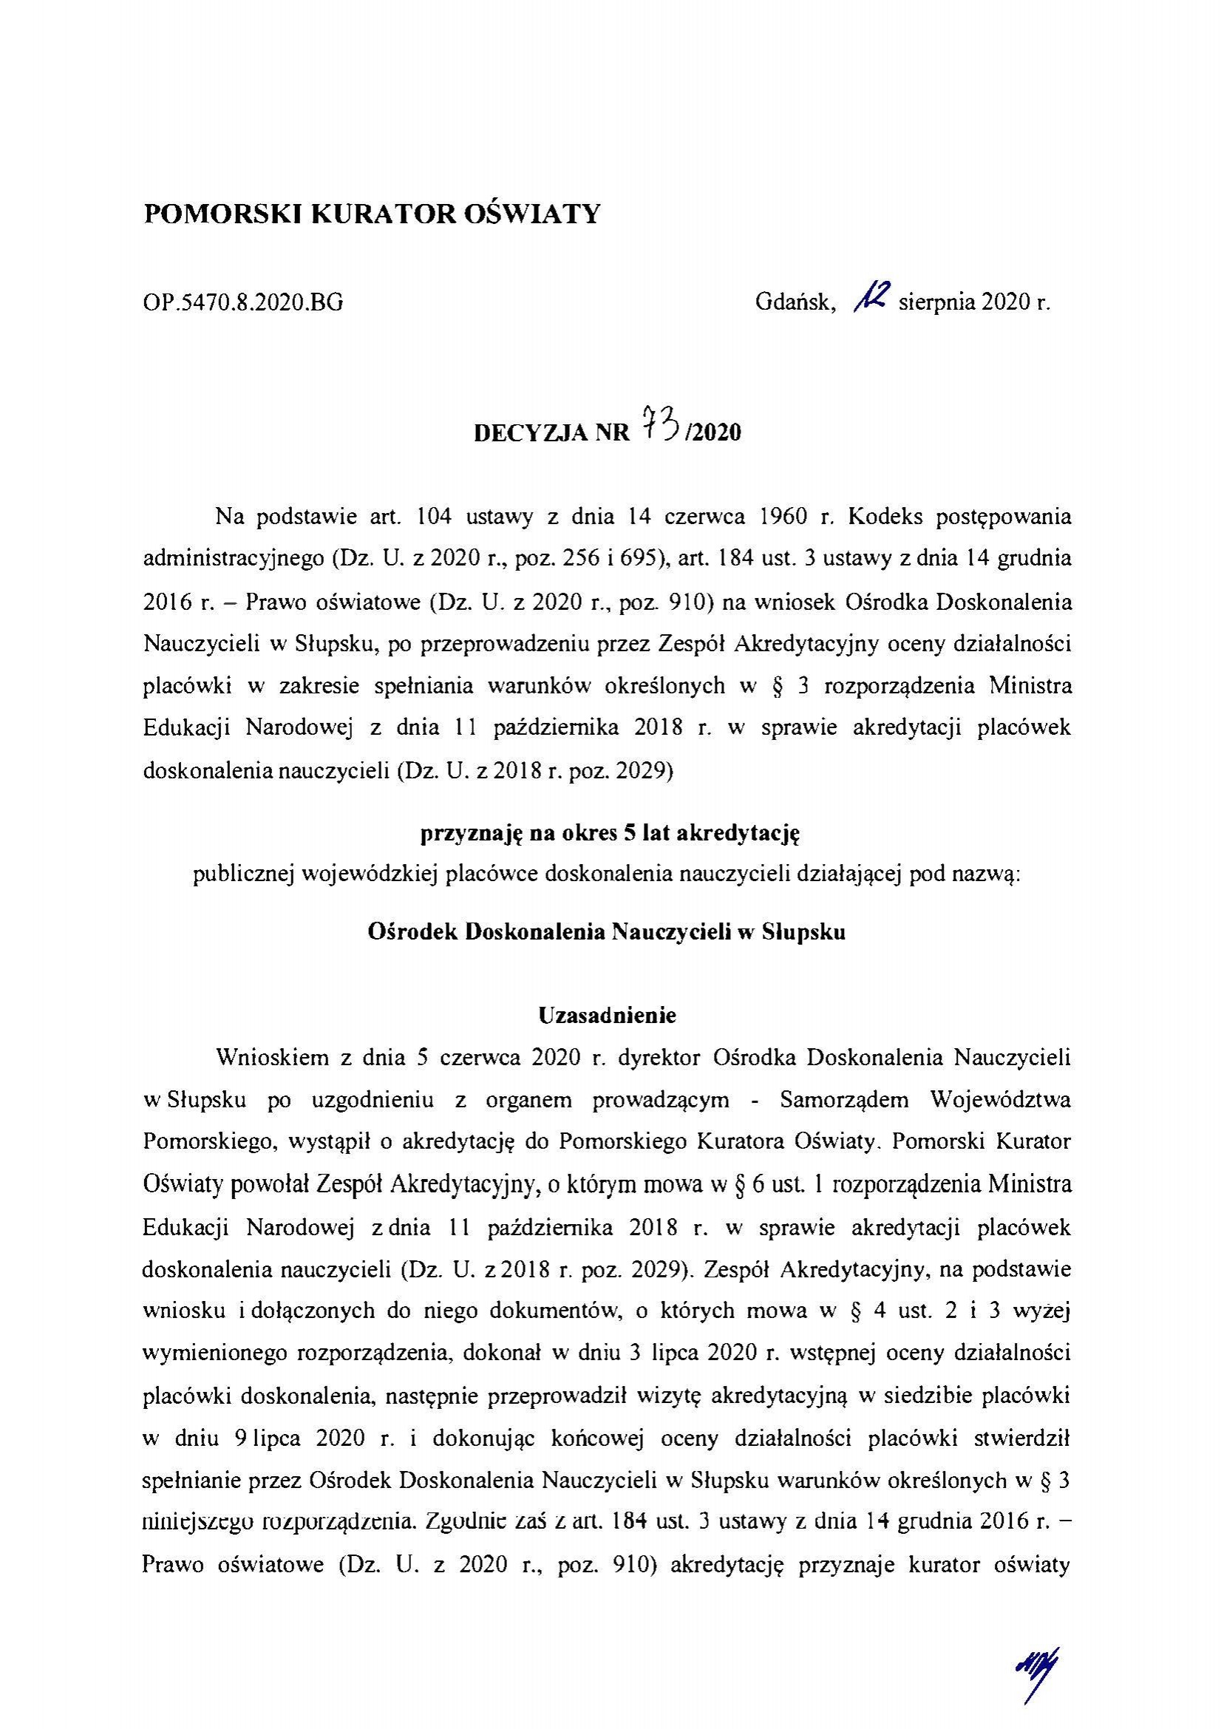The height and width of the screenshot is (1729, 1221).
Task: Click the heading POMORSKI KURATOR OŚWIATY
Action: pos(372,214)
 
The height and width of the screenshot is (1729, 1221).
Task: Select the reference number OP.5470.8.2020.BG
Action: pos(242,304)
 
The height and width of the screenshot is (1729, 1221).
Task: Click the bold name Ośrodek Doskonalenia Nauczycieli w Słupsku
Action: pos(606,931)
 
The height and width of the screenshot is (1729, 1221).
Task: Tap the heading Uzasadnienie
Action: pos(608,1016)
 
